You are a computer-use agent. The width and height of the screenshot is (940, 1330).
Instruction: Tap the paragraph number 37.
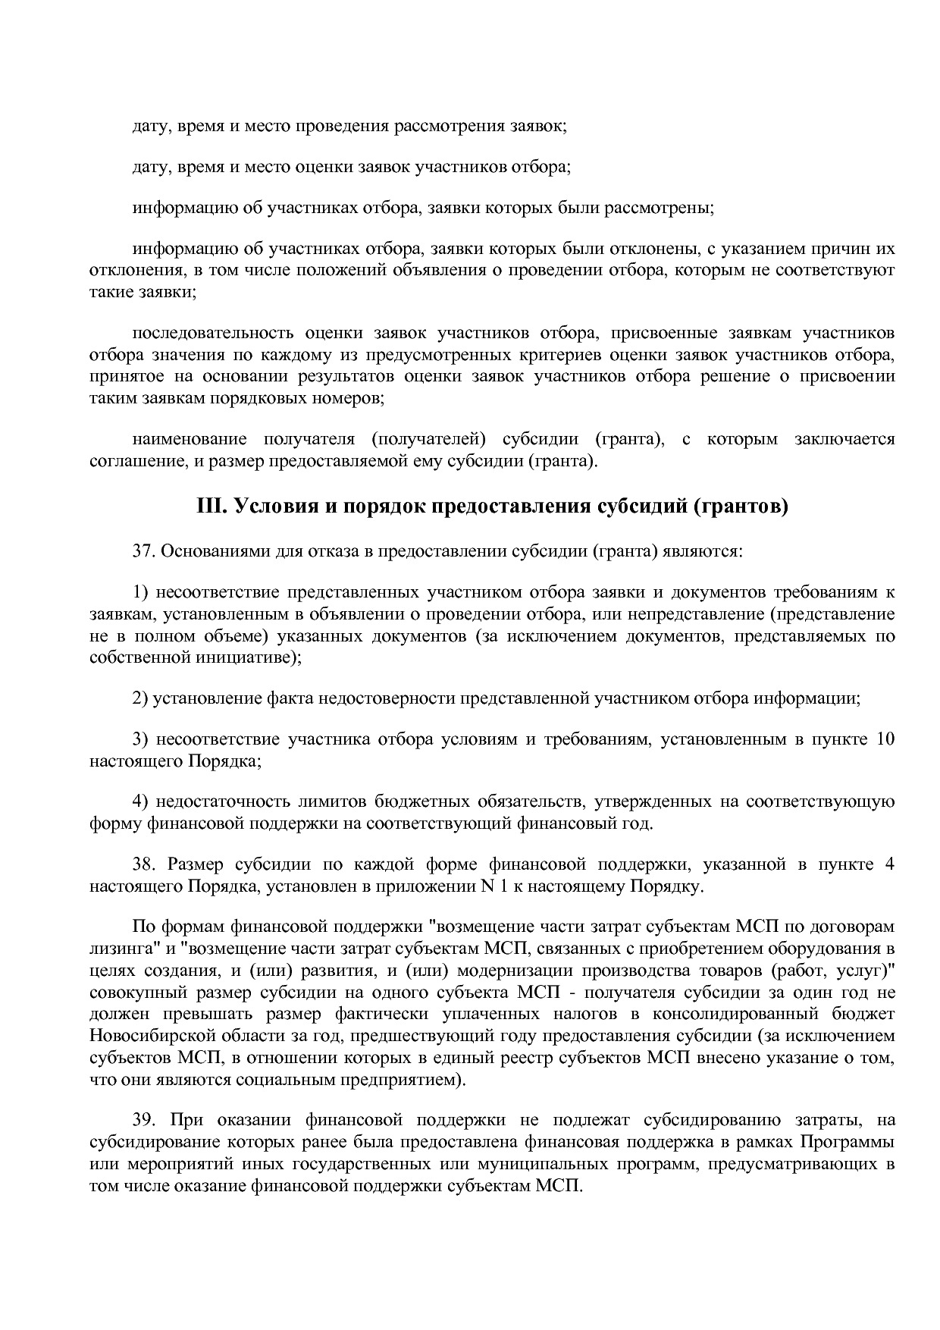(144, 551)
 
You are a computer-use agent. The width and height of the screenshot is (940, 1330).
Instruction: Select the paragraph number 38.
(144, 864)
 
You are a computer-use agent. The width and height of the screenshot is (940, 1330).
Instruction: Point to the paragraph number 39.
(144, 1119)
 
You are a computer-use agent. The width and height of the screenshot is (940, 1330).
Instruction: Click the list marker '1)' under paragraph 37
(141, 592)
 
